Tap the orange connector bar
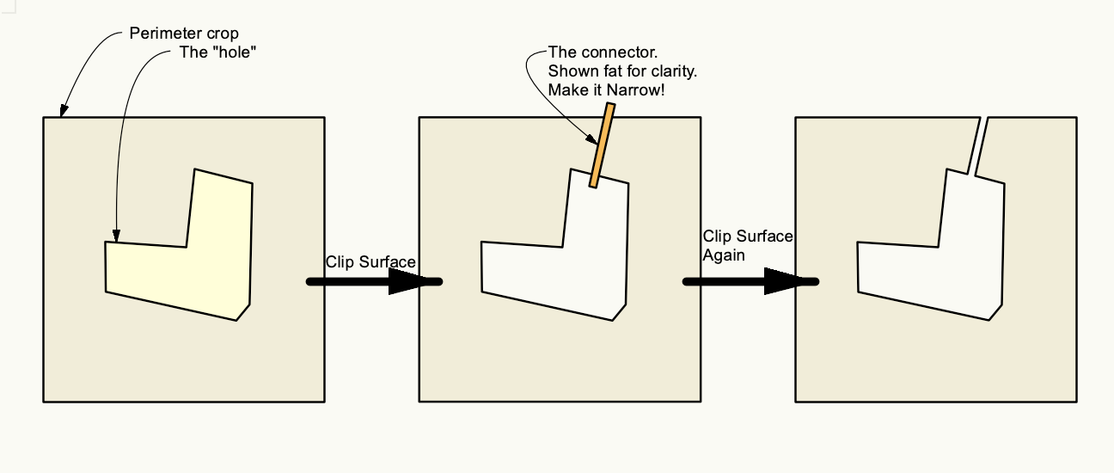601,145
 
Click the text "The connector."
591,52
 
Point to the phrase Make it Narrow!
606,89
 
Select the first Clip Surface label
370,261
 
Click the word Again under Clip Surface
724,255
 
